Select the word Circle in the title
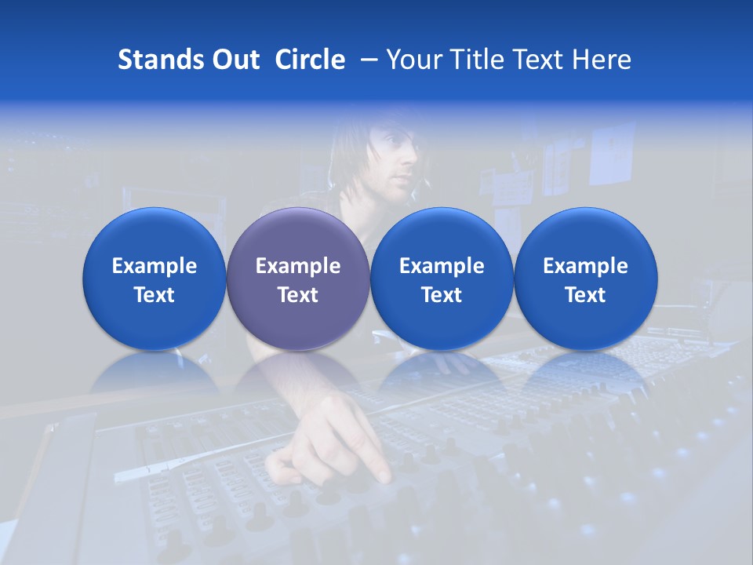(x=310, y=60)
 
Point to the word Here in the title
(x=602, y=60)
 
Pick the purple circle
(x=297, y=279)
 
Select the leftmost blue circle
(x=154, y=279)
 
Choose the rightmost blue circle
(x=585, y=279)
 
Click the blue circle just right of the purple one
(x=442, y=279)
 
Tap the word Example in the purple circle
(x=298, y=266)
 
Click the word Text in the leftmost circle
(x=155, y=295)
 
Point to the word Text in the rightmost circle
(x=585, y=295)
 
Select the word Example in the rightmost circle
(x=585, y=266)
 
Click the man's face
(x=392, y=157)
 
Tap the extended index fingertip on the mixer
(x=384, y=475)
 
